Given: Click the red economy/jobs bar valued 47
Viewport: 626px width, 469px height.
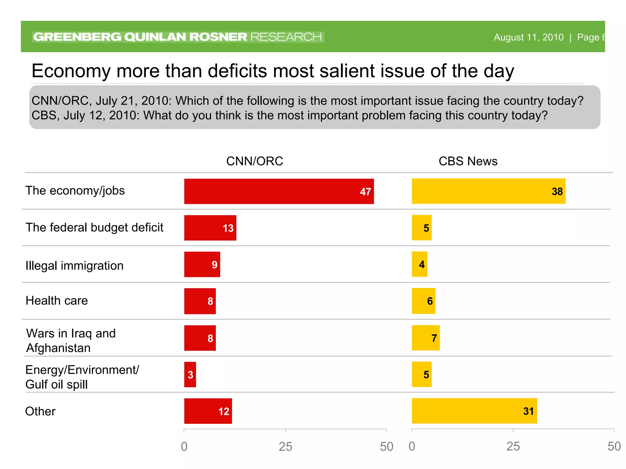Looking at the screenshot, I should click(x=279, y=191).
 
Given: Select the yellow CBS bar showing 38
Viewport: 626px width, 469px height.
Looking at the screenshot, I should click(x=488, y=191).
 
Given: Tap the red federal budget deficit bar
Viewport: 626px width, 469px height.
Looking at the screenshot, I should click(x=210, y=228).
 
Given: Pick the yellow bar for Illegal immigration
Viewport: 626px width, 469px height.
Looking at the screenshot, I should click(x=419, y=264).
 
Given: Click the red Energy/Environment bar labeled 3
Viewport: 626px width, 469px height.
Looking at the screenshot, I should click(x=190, y=375).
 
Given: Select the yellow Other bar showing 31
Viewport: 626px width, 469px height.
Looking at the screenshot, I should click(x=474, y=411).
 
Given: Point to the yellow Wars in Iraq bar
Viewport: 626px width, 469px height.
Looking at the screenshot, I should click(x=425, y=338).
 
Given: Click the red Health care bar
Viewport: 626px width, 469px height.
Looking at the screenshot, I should click(x=200, y=301).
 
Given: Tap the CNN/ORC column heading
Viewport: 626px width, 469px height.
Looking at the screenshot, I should click(x=255, y=161).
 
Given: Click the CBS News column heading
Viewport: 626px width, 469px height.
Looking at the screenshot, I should click(x=468, y=161).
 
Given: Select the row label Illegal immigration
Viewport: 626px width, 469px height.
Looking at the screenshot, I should click(x=75, y=266).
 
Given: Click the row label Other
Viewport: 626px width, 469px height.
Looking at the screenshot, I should click(x=40, y=411).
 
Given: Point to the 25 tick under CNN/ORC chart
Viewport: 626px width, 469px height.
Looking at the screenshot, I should click(x=285, y=447).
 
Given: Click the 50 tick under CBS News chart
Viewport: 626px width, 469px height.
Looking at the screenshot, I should click(x=614, y=447).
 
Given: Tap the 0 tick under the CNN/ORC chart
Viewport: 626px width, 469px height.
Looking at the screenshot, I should click(x=184, y=447).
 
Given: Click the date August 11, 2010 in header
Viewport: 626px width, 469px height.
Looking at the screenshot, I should click(x=528, y=37).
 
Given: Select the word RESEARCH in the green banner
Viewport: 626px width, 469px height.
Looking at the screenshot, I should click(x=286, y=37).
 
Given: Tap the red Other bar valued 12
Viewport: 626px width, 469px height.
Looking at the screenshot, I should click(x=208, y=411).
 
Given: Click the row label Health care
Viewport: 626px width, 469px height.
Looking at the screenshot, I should click(x=57, y=301).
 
